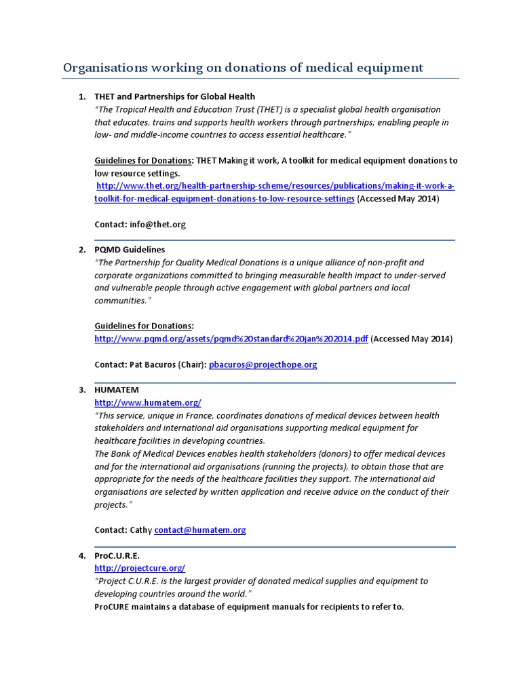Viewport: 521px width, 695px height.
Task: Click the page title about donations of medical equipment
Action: click(243, 67)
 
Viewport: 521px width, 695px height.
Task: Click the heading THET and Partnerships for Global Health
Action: click(174, 96)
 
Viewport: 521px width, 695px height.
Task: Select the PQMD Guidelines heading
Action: click(129, 250)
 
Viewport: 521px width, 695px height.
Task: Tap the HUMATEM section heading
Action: click(116, 390)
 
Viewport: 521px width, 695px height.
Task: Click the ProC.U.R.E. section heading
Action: click(117, 555)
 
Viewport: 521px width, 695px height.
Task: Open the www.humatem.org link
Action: click(147, 402)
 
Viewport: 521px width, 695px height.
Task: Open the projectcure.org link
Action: click(139, 568)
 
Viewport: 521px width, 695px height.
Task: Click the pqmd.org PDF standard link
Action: click(231, 339)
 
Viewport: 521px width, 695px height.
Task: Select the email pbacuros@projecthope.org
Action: click(263, 364)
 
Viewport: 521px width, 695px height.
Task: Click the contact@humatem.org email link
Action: click(199, 530)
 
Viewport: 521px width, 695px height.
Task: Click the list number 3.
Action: click(82, 390)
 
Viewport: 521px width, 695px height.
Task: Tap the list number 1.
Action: click(82, 96)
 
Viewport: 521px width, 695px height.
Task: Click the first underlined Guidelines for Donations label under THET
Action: click(142, 160)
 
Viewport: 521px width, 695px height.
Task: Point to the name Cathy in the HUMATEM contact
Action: click(140, 530)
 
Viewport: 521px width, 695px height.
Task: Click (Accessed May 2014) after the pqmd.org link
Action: click(412, 339)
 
